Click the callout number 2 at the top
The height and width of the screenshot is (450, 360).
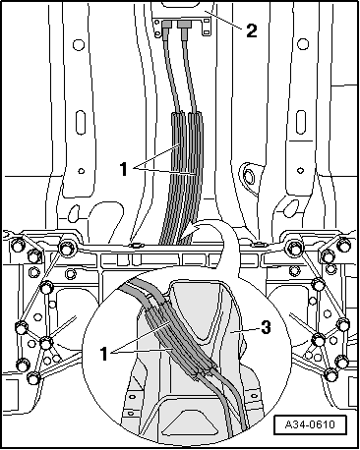251,31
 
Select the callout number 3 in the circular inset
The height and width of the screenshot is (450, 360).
266,327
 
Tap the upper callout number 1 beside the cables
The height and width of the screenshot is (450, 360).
124,169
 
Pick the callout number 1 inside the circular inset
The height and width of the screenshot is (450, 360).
104,354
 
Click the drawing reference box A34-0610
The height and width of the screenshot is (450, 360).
310,424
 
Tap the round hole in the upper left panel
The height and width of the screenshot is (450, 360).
79,44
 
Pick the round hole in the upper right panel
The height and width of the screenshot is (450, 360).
303,44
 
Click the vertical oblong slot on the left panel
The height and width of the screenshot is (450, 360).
81,123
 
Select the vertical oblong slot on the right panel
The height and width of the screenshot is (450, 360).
301,123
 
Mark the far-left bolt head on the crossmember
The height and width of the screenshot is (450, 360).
17,245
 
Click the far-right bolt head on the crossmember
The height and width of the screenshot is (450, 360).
344,245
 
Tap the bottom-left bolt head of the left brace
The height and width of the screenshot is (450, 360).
33,378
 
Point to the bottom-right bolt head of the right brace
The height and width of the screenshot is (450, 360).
330,374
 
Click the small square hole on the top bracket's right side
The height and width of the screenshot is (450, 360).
206,22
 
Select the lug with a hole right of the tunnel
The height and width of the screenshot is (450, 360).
249,176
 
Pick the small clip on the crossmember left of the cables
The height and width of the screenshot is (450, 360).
136,245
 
